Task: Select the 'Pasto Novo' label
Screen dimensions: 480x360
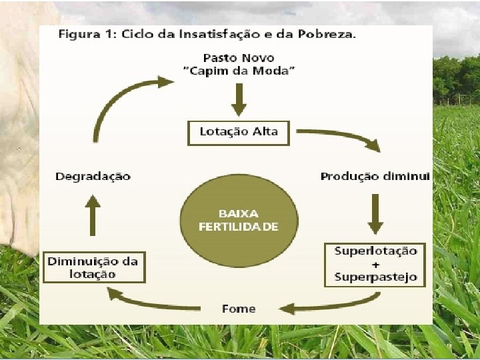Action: point(239,58)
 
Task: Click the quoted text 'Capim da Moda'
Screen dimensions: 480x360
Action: point(239,72)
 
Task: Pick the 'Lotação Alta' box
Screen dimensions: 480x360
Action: point(239,132)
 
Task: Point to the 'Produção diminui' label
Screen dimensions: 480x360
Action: point(375,177)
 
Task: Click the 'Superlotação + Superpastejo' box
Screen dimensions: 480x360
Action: point(375,265)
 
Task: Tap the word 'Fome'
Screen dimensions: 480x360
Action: point(239,309)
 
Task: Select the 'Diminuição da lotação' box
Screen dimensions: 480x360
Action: point(93,267)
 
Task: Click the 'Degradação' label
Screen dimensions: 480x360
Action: point(93,177)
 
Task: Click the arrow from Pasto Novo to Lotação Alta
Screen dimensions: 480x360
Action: point(239,100)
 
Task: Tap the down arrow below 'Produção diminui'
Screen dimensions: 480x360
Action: point(375,213)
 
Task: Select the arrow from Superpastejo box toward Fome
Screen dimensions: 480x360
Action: point(320,306)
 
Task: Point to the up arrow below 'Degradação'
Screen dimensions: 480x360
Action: point(93,216)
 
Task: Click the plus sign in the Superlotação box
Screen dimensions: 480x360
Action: point(375,264)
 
